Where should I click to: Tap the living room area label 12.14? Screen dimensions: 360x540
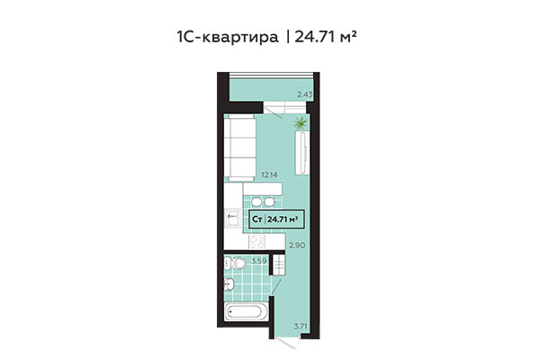[x=268, y=176]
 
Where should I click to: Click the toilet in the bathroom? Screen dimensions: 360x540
[x=238, y=265]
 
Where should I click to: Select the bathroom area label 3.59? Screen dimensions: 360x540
[x=259, y=261]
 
